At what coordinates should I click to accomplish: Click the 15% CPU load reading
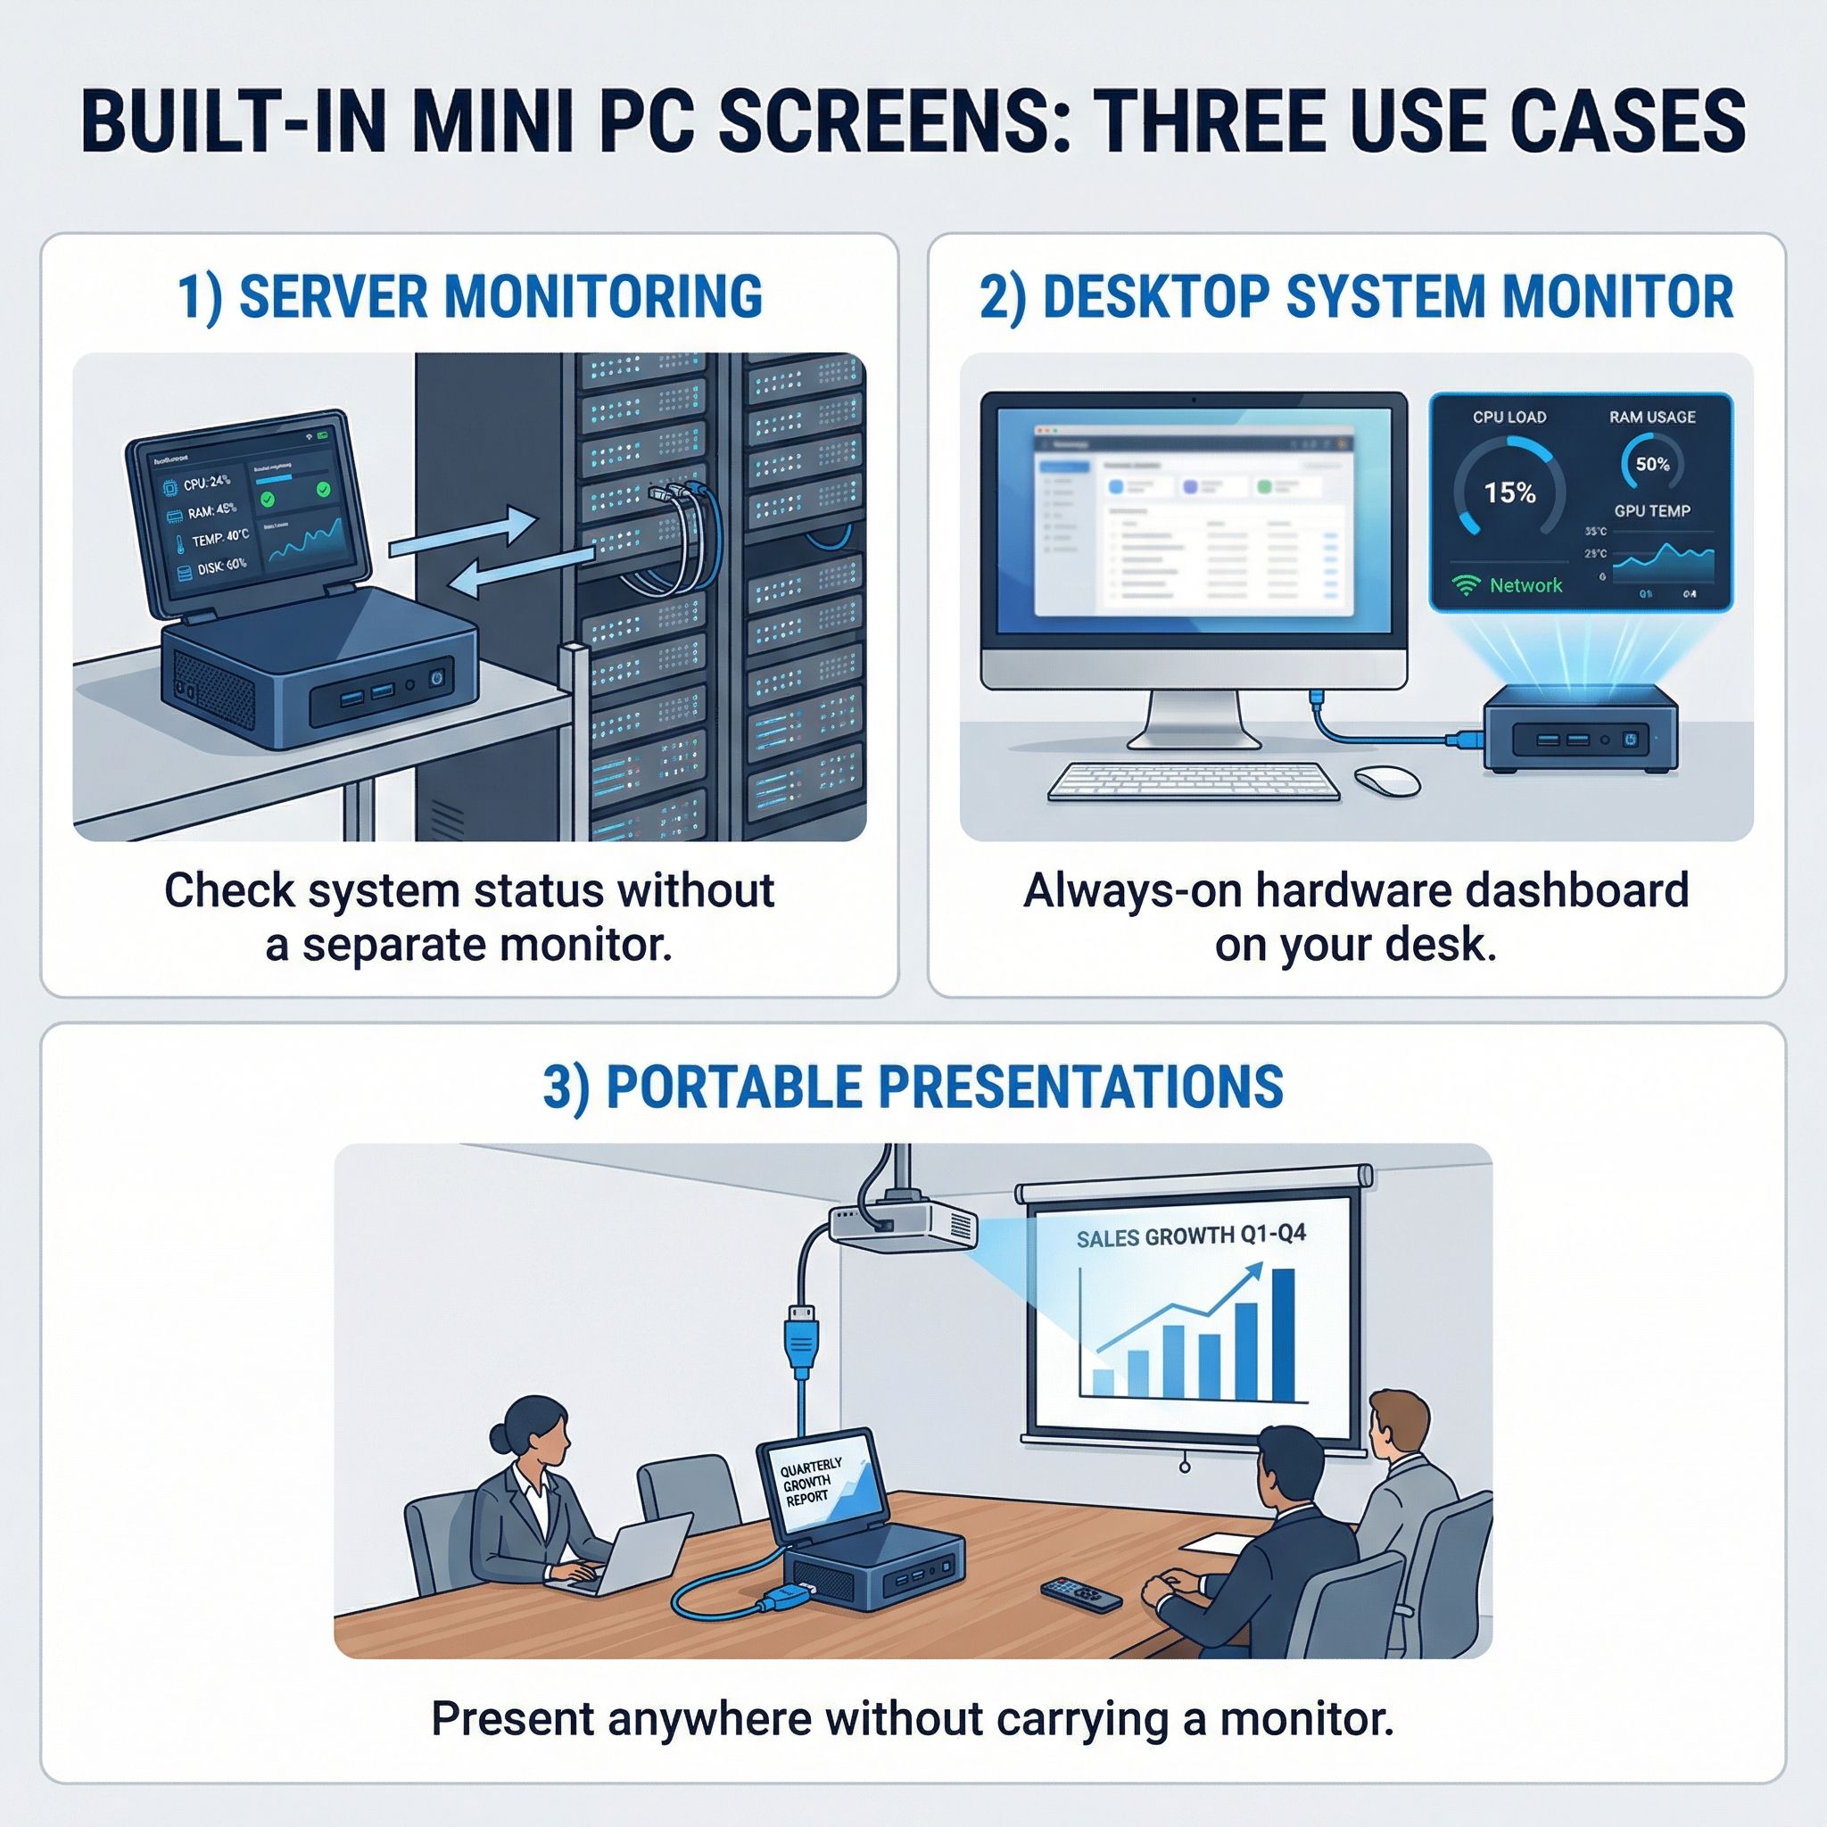1509,492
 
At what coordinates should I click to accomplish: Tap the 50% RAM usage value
1652,464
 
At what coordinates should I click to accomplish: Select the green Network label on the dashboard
1525,585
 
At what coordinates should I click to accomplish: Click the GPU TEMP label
1651,510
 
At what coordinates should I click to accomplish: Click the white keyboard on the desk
1194,781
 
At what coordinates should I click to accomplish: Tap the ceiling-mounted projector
903,1227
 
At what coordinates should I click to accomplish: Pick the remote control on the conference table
1080,1593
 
